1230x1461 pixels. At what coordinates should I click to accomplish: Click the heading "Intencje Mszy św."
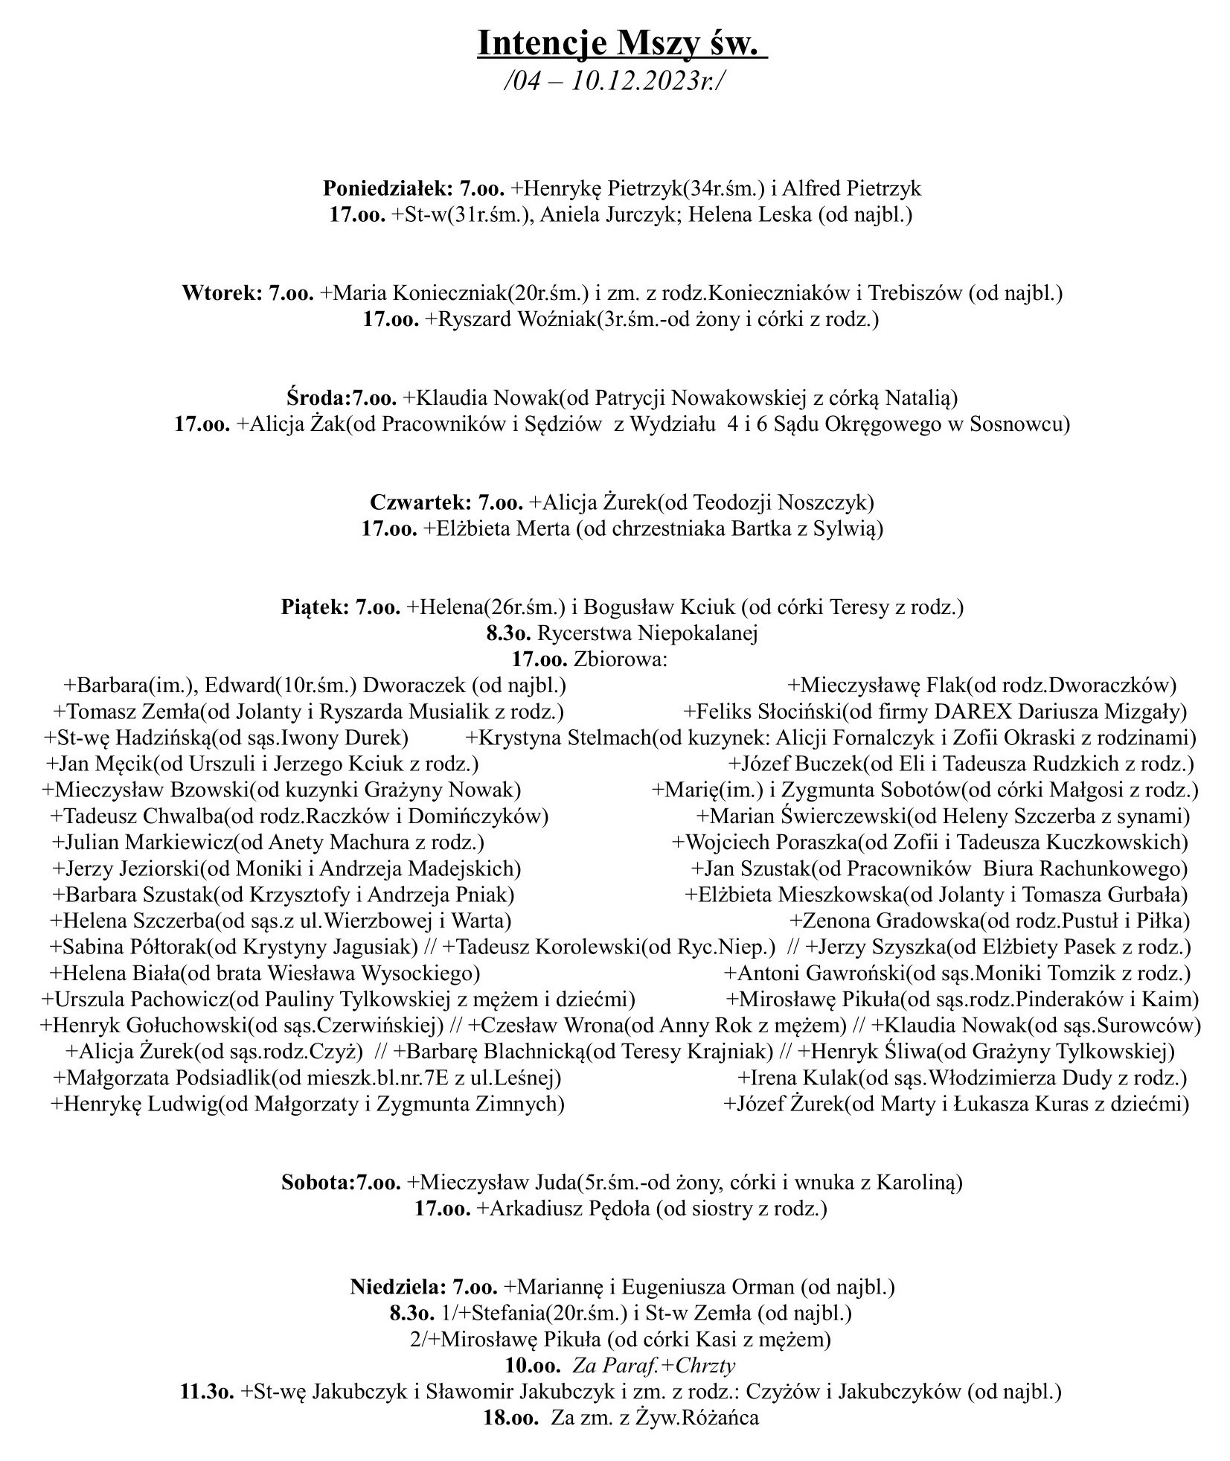click(622, 44)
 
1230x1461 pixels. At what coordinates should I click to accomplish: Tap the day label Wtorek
click(219, 292)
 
